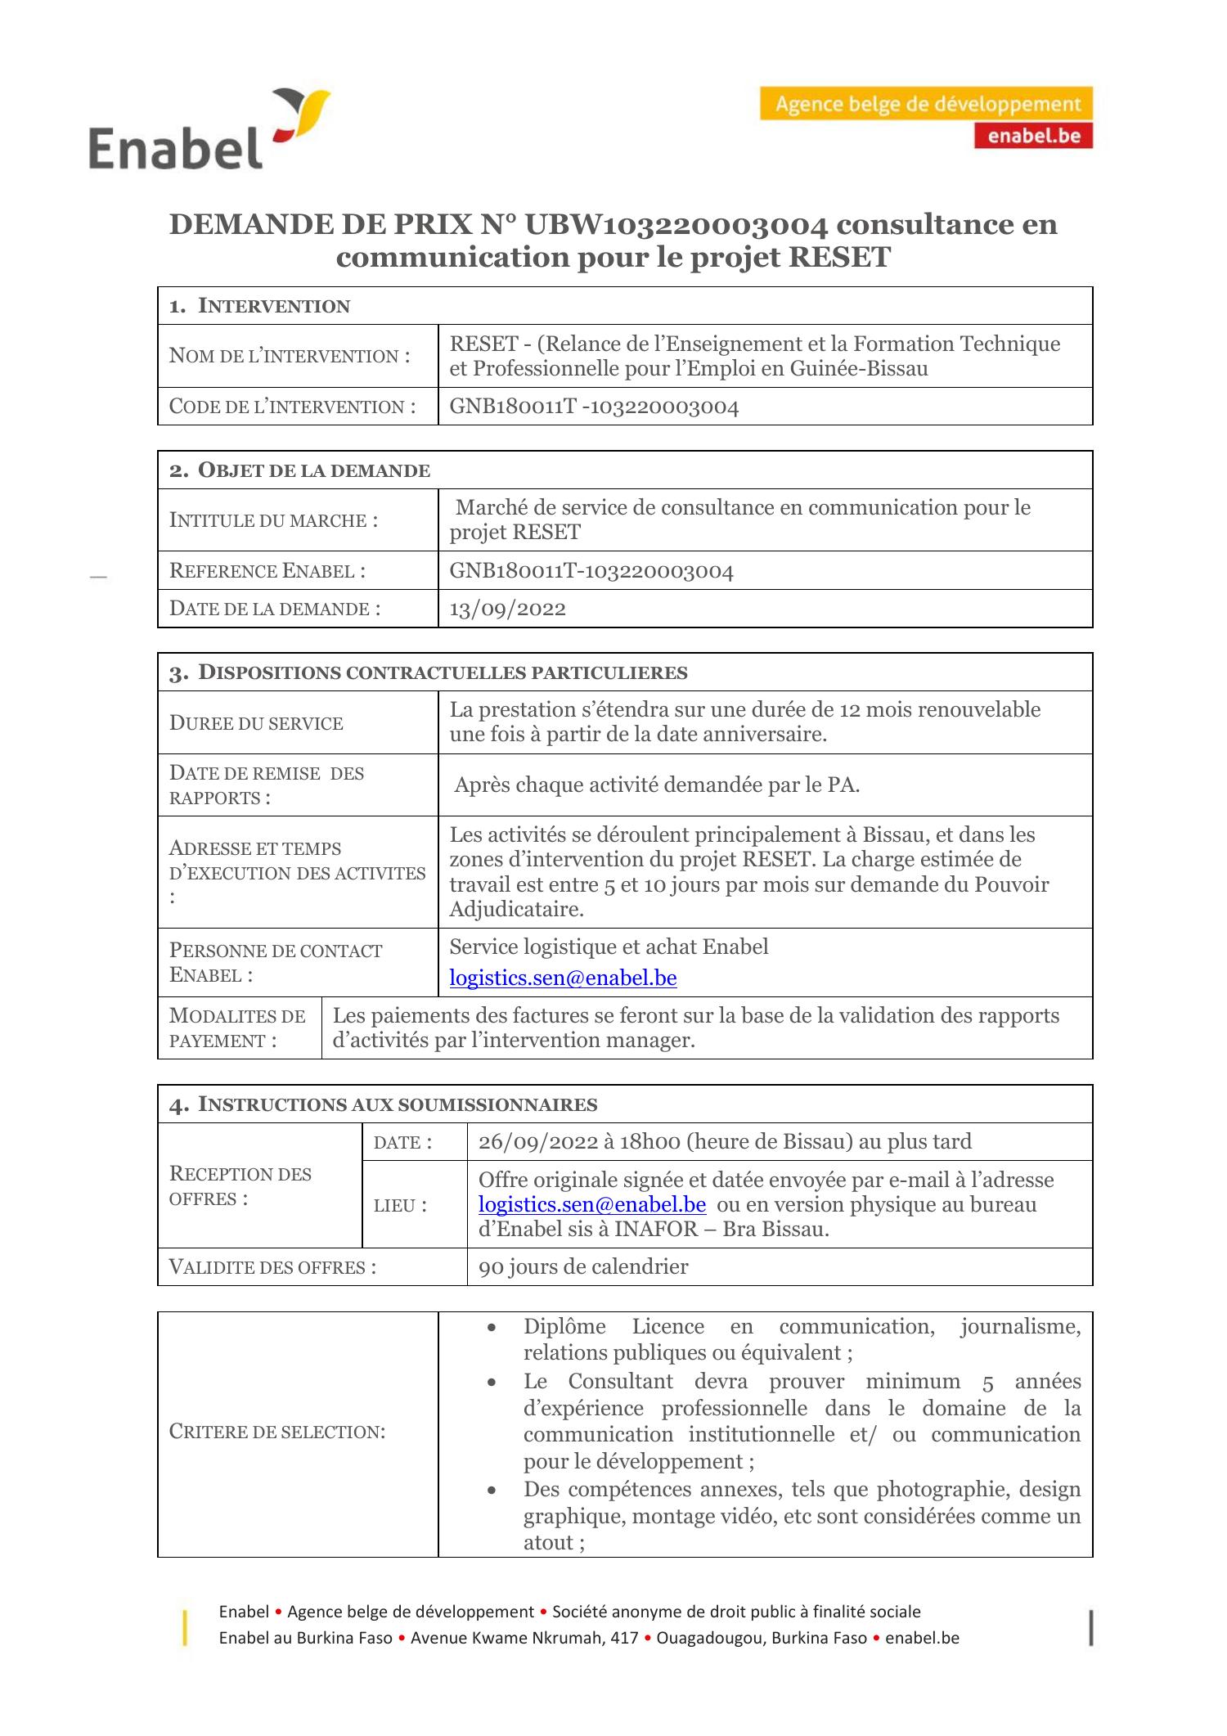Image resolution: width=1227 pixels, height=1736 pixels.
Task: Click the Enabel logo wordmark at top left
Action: point(175,146)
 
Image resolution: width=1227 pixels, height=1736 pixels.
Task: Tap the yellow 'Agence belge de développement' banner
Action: point(926,105)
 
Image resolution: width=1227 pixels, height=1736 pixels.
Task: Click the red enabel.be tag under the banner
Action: point(1033,136)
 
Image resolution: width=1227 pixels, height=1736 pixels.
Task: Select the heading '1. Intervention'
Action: point(259,306)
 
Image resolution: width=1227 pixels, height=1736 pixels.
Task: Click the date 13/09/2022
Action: point(507,609)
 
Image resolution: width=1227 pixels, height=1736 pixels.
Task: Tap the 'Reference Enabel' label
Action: point(267,571)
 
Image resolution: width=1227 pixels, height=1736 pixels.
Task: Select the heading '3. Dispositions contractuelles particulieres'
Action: point(429,672)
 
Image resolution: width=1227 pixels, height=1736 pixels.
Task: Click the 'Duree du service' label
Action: point(256,723)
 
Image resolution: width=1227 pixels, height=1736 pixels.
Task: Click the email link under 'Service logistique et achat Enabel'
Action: point(563,978)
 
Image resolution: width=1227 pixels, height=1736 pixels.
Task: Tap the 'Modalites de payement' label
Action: point(236,1028)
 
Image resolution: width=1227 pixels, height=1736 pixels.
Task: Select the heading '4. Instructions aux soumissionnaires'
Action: point(383,1104)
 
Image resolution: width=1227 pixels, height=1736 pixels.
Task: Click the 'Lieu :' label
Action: point(400,1205)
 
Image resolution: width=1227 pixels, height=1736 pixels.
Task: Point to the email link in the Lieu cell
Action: point(591,1204)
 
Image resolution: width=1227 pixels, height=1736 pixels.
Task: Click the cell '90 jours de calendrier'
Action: point(583,1266)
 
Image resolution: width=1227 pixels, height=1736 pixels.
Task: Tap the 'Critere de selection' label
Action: point(276,1432)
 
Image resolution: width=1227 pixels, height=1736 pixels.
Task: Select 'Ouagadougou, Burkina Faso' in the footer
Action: point(761,1638)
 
